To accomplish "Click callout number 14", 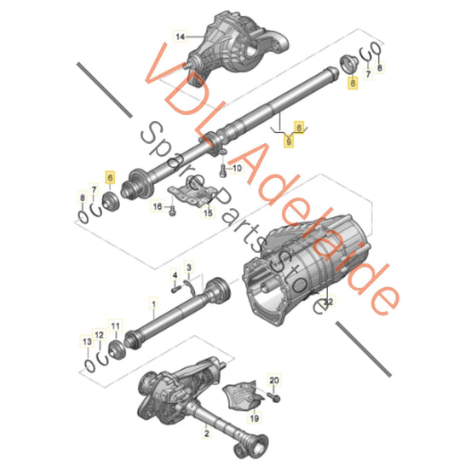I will point(180,37).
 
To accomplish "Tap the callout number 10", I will point(237,168).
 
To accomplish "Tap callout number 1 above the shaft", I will point(154,301).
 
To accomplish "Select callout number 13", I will point(85,342).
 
